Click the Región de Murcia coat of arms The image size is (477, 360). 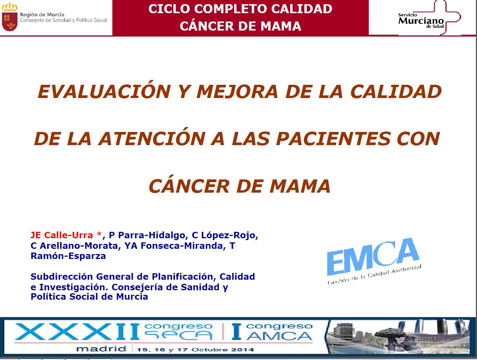(x=9, y=17)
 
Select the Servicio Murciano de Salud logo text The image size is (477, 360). (x=421, y=21)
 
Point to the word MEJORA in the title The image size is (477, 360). (x=237, y=92)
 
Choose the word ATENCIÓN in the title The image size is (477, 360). (x=152, y=139)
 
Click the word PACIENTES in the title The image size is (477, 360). (x=333, y=139)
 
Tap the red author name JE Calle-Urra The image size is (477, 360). (x=62, y=235)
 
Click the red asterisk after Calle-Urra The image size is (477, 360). (x=99, y=234)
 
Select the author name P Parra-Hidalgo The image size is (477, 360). (x=147, y=235)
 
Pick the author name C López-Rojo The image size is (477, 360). (x=225, y=235)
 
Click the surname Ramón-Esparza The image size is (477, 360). (x=68, y=256)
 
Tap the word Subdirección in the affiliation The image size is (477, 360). (x=62, y=277)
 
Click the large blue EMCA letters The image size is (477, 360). (x=373, y=257)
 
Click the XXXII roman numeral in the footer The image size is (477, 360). (x=77, y=332)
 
